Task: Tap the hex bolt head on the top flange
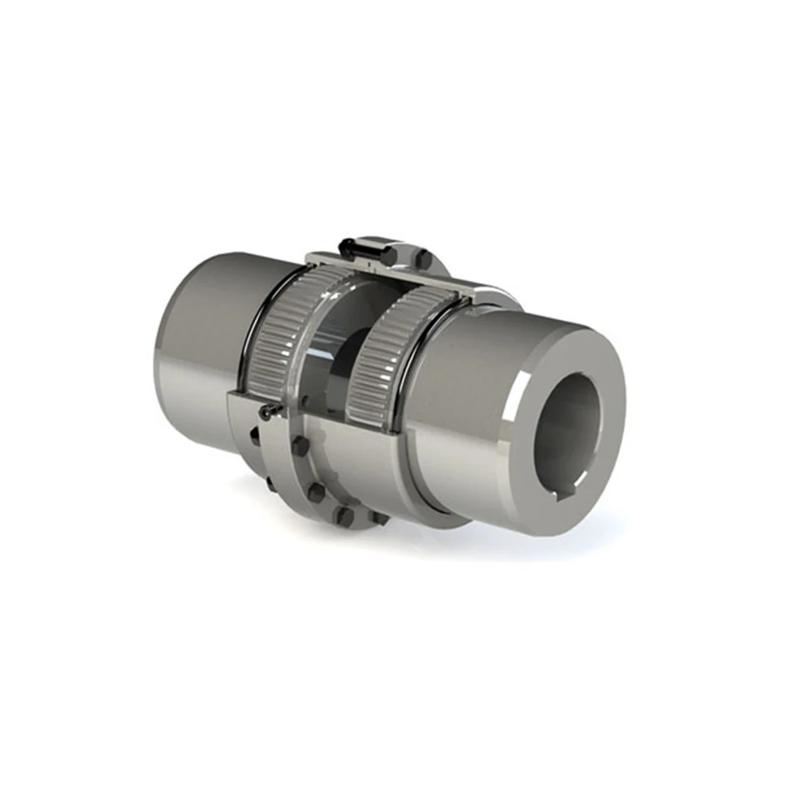423,258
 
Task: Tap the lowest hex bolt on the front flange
345,518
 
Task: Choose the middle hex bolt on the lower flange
316,491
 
